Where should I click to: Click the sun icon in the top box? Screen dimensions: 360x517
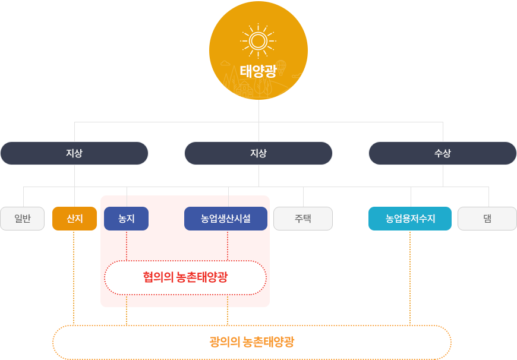coord(258,40)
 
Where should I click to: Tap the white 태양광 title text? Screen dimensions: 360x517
coord(258,71)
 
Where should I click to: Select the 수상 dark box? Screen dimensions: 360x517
coord(443,153)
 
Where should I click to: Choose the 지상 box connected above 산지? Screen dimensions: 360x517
coord(74,153)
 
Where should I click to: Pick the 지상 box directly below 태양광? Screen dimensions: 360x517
coord(258,153)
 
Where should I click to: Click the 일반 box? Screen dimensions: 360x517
coord(22,219)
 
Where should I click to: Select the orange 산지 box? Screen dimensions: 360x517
coord(74,219)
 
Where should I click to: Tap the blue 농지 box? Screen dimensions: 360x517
coord(126,219)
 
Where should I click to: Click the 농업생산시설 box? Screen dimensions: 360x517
coord(226,219)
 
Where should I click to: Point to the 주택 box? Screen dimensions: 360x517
coord(303,219)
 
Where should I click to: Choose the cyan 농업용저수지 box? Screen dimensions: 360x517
coord(409,219)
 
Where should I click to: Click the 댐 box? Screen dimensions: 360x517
coord(487,219)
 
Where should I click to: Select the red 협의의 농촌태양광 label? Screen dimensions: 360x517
coord(185,277)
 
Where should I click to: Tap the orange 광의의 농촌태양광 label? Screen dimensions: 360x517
coord(252,342)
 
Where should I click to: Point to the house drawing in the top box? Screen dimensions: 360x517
coord(244,90)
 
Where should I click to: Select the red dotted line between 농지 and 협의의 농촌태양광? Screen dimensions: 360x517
coord(127,245)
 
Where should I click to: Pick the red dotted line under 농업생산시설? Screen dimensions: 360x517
coord(228,245)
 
